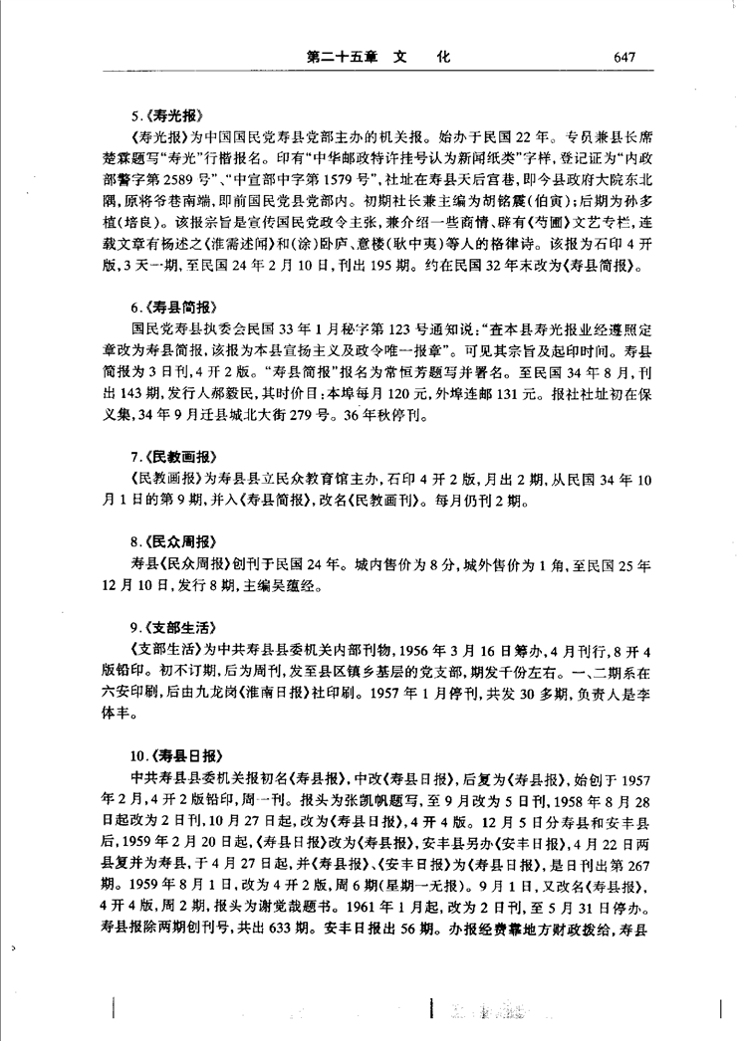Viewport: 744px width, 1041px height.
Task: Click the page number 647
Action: (625, 57)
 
